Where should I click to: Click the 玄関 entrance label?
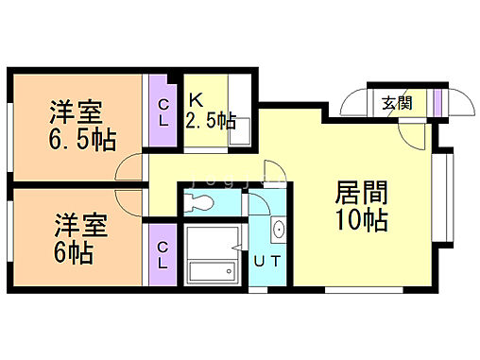point(396,103)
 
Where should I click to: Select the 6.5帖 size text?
point(82,140)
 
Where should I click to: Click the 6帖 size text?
point(72,252)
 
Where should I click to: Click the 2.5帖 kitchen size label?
point(210,121)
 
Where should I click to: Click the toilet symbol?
point(201,201)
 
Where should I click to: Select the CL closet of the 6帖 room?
point(163,254)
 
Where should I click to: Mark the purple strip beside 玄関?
point(437,103)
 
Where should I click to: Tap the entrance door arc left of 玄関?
point(354,102)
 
